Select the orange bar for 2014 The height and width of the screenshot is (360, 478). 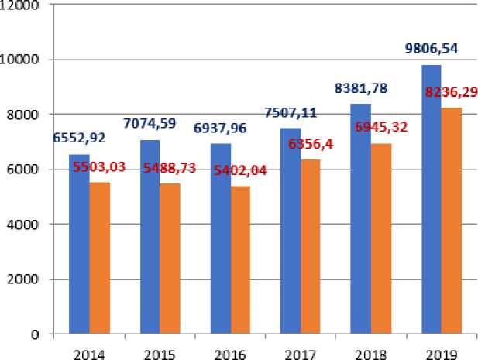click(x=99, y=259)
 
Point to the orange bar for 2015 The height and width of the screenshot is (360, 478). click(x=169, y=259)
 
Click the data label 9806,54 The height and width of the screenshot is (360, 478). click(x=432, y=48)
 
